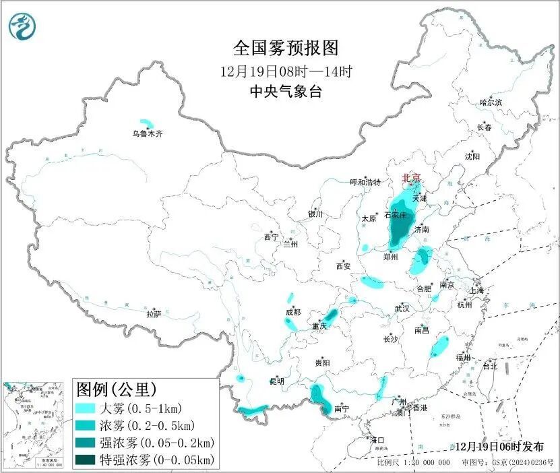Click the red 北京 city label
(x=411, y=179)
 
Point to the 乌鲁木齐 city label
(x=147, y=134)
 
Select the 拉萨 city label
(x=154, y=314)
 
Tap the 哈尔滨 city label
(x=491, y=102)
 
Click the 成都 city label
(x=293, y=312)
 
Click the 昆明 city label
(x=277, y=381)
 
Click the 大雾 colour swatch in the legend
(x=87, y=408)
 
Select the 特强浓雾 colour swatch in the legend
(x=87, y=460)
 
